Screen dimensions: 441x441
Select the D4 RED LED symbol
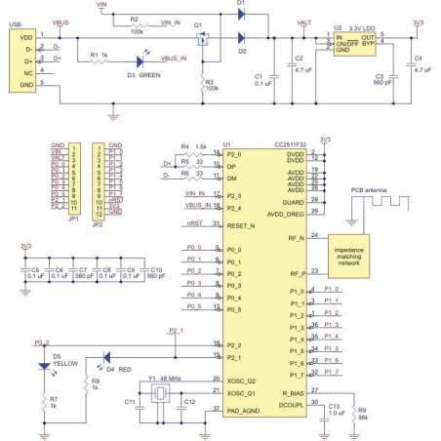(106, 357)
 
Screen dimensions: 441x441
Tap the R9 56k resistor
(357, 410)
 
